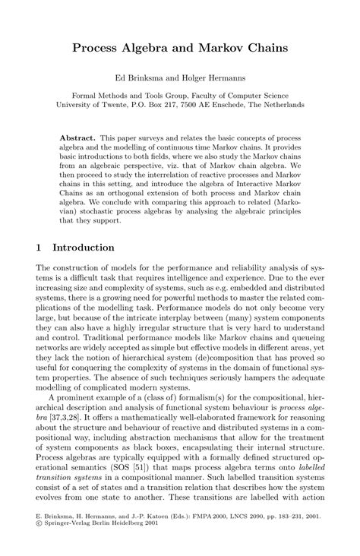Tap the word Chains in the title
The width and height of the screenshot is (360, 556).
265,48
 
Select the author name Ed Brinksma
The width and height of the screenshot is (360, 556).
140,78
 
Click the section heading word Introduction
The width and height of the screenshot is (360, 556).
83,248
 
